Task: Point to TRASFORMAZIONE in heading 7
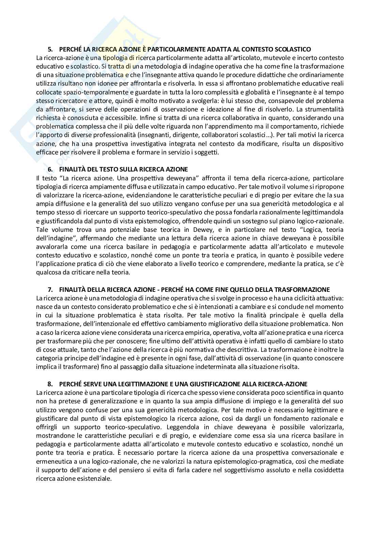click(306, 289)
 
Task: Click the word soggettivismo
click(237, 470)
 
